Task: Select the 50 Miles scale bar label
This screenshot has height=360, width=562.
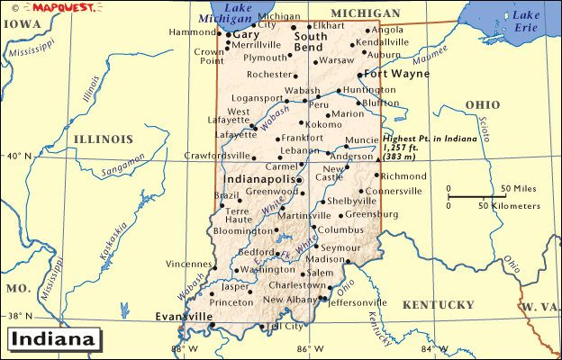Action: coord(519,188)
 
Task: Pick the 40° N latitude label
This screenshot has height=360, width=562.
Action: coord(18,156)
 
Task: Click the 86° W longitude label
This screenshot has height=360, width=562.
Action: coord(313,349)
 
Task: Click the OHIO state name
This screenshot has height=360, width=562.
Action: coord(482,105)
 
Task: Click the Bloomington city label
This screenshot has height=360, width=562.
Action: coord(241,230)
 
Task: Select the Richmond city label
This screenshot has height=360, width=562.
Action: coord(404,176)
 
